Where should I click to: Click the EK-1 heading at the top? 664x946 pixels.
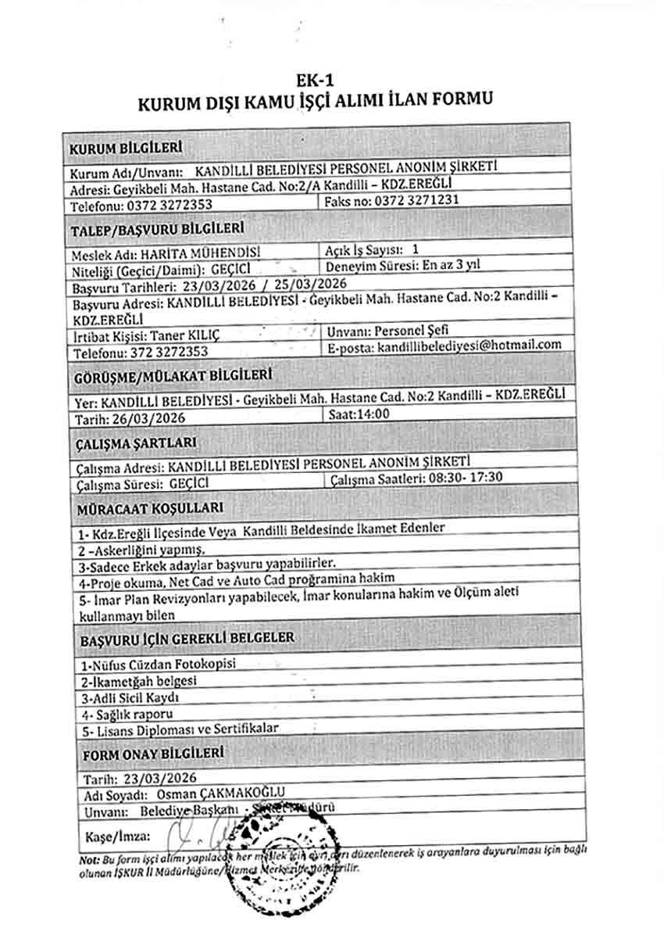pos(315,80)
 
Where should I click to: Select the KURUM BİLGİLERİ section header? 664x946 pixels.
pos(126,148)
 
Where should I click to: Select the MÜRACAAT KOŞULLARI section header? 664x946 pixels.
pos(140,510)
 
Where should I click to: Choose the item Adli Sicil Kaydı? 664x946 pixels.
pos(131,697)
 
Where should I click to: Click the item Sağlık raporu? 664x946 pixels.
pos(128,714)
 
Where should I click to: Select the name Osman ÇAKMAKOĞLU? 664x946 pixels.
pos(220,794)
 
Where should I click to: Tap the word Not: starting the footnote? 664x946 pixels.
pos(88,860)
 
